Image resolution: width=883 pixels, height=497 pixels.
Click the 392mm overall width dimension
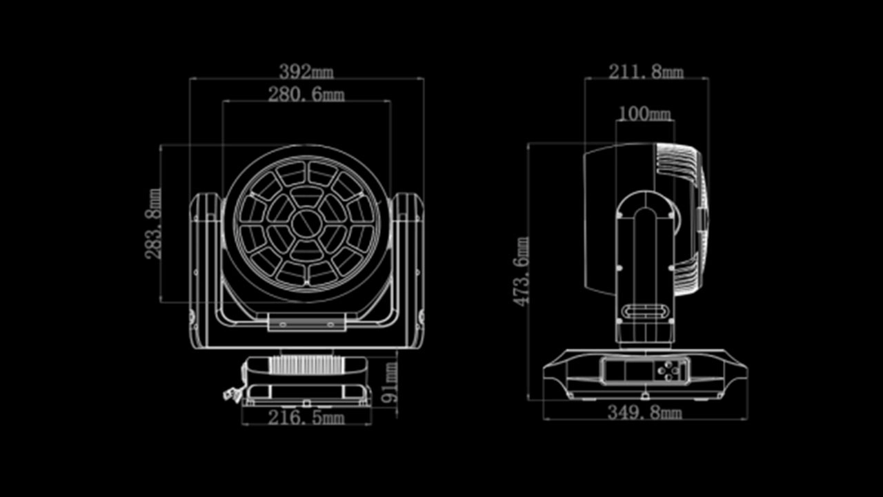tap(306, 71)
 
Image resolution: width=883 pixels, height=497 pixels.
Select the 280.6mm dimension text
tap(306, 94)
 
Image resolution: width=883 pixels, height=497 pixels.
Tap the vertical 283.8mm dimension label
tap(153, 224)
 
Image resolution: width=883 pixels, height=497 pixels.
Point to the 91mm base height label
tap(390, 384)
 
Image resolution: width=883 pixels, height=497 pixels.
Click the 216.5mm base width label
tap(306, 417)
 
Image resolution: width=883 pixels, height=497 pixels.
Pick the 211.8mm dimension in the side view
tap(646, 71)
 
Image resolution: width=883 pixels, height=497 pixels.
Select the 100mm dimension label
tap(645, 113)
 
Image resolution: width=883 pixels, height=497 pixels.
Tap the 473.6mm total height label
tap(523, 271)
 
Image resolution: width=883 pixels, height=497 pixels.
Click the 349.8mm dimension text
tap(644, 413)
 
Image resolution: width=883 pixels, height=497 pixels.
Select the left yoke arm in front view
tap(205, 269)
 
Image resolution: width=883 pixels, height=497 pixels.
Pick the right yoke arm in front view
tap(408, 269)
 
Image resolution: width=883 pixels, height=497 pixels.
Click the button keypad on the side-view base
tap(668, 371)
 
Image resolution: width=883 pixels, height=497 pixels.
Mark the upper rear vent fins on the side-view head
tap(679, 162)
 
